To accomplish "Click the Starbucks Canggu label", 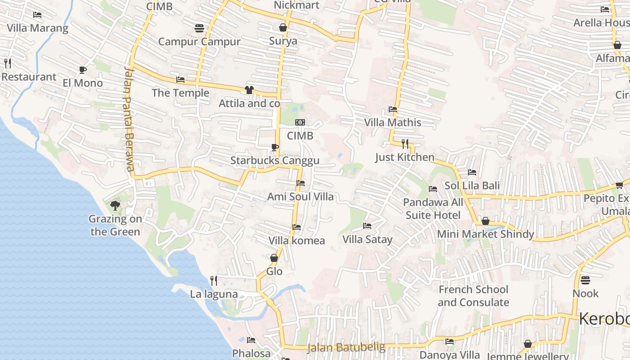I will (274, 161).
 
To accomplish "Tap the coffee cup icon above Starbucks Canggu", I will (275, 147).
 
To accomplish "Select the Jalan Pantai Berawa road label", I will (128, 119).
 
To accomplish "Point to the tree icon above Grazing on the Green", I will (115, 206).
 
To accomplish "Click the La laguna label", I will (214, 294).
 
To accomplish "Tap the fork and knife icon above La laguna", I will (214, 281).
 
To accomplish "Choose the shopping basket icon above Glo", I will (274, 258).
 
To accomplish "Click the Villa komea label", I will (297, 241).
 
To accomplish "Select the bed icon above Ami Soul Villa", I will (301, 183).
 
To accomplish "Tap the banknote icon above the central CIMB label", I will (300, 122).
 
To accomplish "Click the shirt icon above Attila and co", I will (249, 90).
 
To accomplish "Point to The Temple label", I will (180, 93).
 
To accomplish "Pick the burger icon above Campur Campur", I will (199, 28).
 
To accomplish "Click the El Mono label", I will (83, 83).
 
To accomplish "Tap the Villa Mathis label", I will (392, 122).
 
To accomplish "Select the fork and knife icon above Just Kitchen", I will (405, 144).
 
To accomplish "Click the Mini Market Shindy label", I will (486, 234).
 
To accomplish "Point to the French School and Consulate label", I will (473, 296).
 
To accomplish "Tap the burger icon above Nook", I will (585, 280).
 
